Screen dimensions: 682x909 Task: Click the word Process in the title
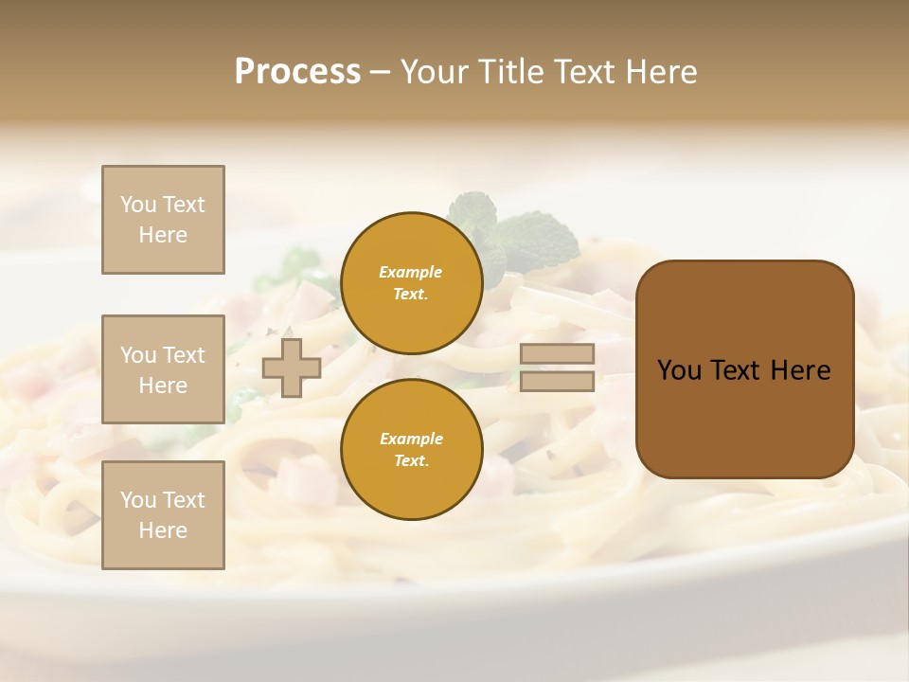pyautogui.click(x=297, y=72)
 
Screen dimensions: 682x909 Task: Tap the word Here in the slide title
pyautogui.click(x=661, y=72)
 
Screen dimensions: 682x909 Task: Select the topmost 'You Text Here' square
pyautogui.click(x=163, y=220)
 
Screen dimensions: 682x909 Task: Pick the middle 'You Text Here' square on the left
pyautogui.click(x=163, y=369)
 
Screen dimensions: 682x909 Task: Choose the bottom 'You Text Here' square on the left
pyautogui.click(x=163, y=515)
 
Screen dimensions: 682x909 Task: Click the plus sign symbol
pyautogui.click(x=291, y=368)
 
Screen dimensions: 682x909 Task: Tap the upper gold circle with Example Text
pyautogui.click(x=411, y=282)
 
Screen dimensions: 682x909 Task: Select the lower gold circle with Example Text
pyautogui.click(x=411, y=449)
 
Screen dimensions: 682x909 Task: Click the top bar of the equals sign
pyautogui.click(x=557, y=353)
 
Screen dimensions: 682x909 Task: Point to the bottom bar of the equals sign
pyautogui.click(x=557, y=381)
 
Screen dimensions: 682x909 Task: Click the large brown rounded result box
pyautogui.click(x=744, y=417)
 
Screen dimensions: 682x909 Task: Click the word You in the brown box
pyautogui.click(x=679, y=370)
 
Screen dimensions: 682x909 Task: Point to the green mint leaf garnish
pyautogui.click(x=530, y=237)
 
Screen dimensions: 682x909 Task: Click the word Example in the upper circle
pyautogui.click(x=411, y=272)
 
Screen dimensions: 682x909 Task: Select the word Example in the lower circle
pyautogui.click(x=411, y=439)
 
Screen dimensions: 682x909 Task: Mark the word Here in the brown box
pyautogui.click(x=800, y=370)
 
